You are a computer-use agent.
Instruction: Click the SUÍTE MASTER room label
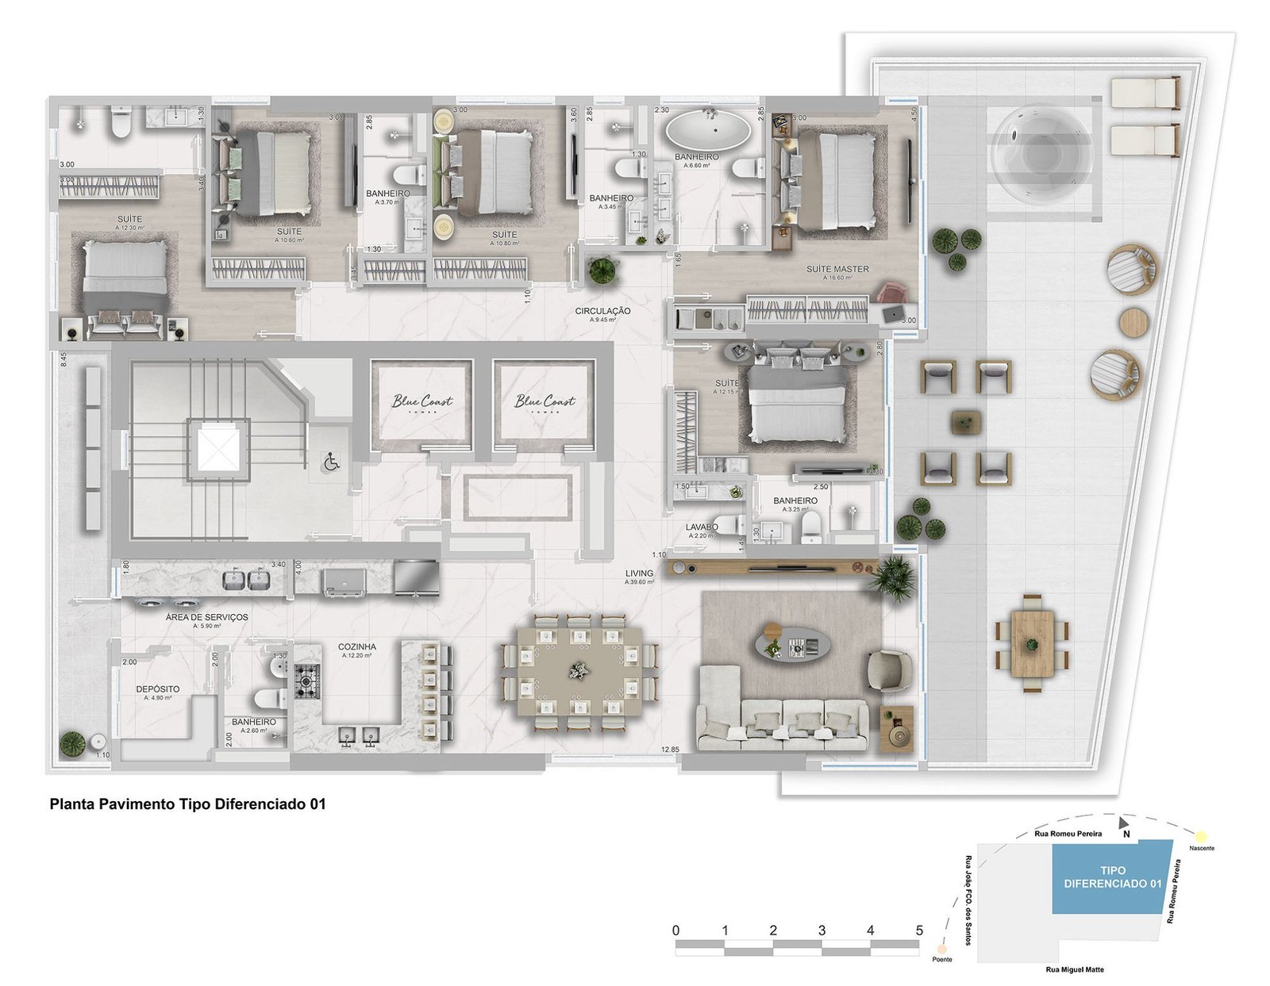(x=837, y=269)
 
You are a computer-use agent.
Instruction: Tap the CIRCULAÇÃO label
(x=602, y=311)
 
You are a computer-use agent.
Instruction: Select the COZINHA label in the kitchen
(x=356, y=646)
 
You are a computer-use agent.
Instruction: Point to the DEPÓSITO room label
(x=157, y=689)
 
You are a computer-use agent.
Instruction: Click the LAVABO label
(x=702, y=527)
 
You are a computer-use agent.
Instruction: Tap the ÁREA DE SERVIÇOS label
(x=206, y=617)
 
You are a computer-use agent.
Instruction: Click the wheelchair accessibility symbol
(x=331, y=461)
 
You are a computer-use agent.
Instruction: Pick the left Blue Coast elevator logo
(x=422, y=401)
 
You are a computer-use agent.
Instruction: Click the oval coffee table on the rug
(x=791, y=646)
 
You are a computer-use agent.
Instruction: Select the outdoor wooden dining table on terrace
(x=1032, y=643)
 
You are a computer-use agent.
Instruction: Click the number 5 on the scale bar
(x=919, y=930)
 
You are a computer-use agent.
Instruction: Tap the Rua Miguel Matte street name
(x=1074, y=969)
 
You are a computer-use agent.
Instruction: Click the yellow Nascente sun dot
(x=1201, y=836)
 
